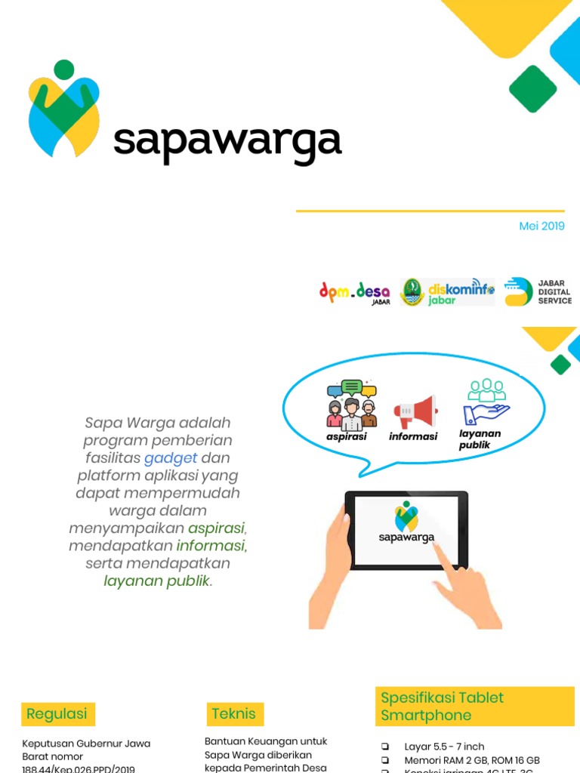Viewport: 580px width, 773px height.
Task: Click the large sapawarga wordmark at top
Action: pyautogui.click(x=227, y=141)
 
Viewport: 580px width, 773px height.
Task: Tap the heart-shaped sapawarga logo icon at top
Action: pyautogui.click(x=64, y=109)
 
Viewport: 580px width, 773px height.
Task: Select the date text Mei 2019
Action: pyautogui.click(x=541, y=226)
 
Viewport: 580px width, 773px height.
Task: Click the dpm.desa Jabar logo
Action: pyautogui.click(x=354, y=291)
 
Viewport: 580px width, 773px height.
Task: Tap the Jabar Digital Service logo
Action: pyautogui.click(x=538, y=291)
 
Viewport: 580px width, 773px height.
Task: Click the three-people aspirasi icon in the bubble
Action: pyautogui.click(x=351, y=405)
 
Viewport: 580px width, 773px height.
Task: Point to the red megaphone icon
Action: pyautogui.click(x=415, y=412)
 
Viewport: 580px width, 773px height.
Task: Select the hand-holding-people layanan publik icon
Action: pyautogui.click(x=486, y=402)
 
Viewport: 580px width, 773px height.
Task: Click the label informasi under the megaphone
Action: pyautogui.click(x=413, y=436)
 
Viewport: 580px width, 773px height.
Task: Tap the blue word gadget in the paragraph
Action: pyautogui.click(x=171, y=458)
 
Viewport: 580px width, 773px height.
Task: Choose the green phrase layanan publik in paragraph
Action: pyautogui.click(x=156, y=581)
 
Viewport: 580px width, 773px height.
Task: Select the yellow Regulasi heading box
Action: pyautogui.click(x=57, y=713)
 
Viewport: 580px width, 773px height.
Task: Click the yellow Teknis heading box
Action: pyautogui.click(x=235, y=713)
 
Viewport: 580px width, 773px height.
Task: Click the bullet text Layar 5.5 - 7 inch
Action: pyautogui.click(x=444, y=746)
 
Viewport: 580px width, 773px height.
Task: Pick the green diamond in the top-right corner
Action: pyautogui.click(x=532, y=88)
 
